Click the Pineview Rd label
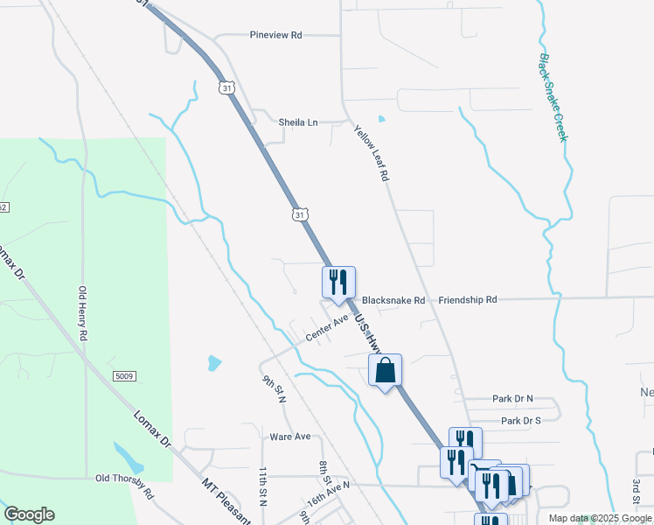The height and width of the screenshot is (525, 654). (x=275, y=35)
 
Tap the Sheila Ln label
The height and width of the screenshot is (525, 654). (x=298, y=122)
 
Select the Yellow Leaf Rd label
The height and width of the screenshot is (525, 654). (x=371, y=152)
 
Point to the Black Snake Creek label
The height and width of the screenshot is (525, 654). (x=553, y=97)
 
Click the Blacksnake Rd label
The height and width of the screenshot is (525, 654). (x=393, y=300)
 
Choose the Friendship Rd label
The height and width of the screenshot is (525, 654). (x=468, y=299)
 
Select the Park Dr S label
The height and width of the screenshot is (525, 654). (x=522, y=421)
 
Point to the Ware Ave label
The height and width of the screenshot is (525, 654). (x=290, y=436)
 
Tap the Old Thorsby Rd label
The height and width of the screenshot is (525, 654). (x=124, y=478)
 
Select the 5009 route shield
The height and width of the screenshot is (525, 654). (x=124, y=376)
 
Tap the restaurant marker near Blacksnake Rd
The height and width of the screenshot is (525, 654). (x=338, y=283)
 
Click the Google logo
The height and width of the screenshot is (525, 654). (x=29, y=514)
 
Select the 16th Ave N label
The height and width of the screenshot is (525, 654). (x=328, y=494)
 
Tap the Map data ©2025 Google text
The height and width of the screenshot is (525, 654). (x=600, y=518)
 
